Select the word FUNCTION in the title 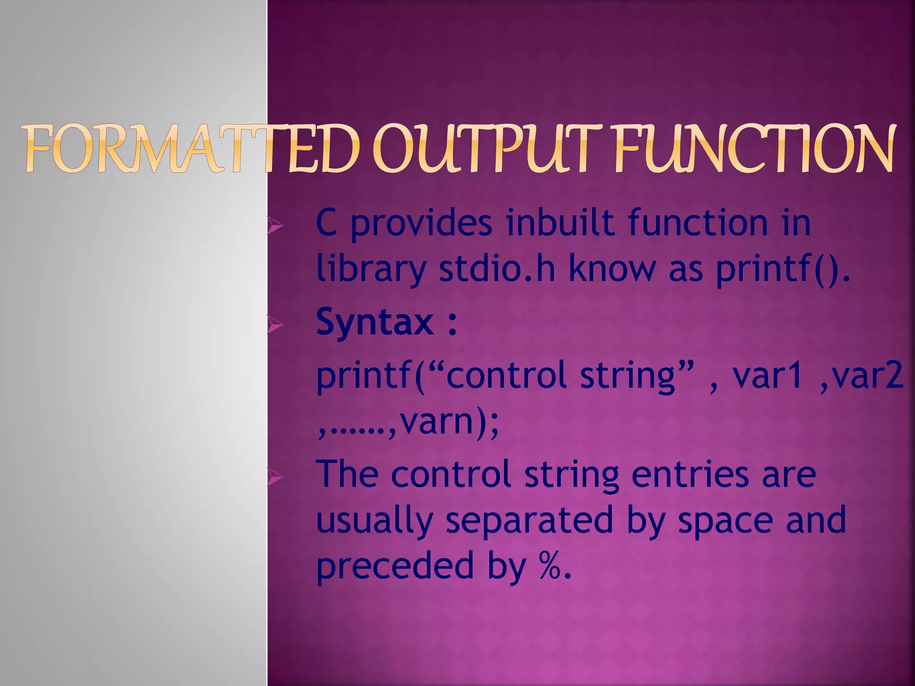point(755,149)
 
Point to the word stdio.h point(497,269)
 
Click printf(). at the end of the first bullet point(783,269)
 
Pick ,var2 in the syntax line point(862,375)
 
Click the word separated point(529,520)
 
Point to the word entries point(690,474)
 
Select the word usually point(374,521)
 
